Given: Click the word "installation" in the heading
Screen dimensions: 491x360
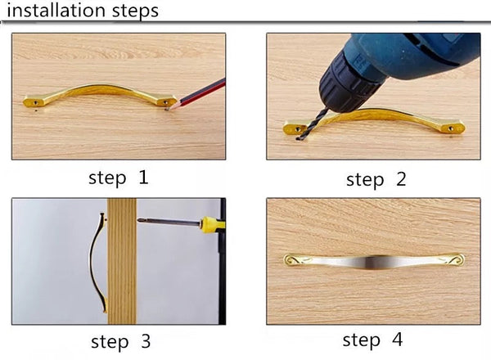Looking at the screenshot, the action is point(56,11).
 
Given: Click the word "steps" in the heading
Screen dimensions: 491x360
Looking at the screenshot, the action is point(135,12).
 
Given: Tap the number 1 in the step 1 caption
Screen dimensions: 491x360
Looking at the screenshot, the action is point(143,178).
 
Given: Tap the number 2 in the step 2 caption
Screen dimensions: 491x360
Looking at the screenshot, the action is point(401,179).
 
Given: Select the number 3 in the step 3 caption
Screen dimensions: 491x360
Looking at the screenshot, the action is point(146,341).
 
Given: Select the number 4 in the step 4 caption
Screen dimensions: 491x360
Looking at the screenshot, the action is point(397,340).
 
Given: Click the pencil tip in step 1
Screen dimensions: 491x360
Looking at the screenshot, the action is point(168,110).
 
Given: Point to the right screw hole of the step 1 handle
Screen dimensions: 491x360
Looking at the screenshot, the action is point(166,102).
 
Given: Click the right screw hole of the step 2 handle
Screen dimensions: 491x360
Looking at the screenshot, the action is point(451,128).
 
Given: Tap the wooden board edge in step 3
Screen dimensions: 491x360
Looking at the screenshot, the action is point(122,261).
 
